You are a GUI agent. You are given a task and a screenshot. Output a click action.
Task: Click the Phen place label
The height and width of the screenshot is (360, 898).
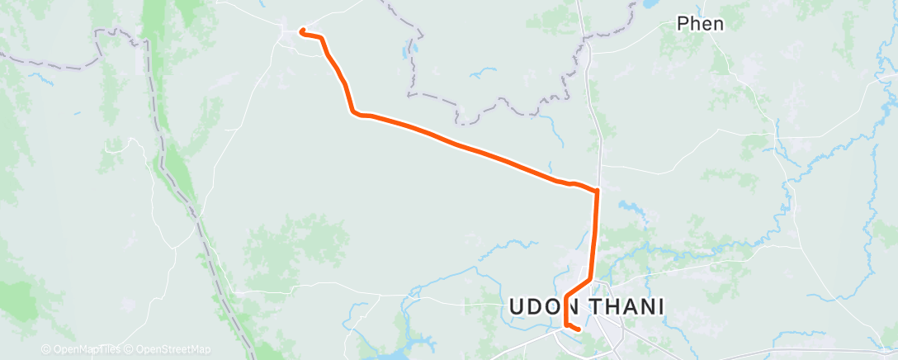[x=700, y=24]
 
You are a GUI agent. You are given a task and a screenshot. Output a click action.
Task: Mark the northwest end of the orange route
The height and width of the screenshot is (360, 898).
[x=302, y=31]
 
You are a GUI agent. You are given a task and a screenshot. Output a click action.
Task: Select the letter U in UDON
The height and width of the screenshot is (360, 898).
[x=517, y=307]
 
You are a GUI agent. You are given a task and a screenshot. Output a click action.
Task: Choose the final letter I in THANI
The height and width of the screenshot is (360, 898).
[x=661, y=307]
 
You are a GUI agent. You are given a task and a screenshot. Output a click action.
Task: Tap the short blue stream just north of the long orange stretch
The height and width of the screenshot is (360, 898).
[x=481, y=73]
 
